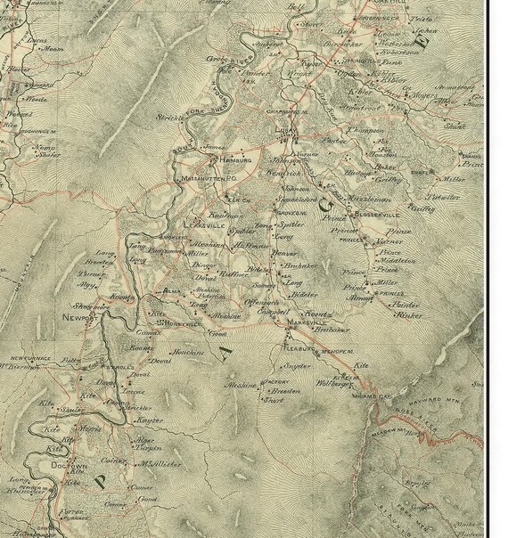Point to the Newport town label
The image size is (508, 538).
[79, 316]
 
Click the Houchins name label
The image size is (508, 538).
[189, 353]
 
